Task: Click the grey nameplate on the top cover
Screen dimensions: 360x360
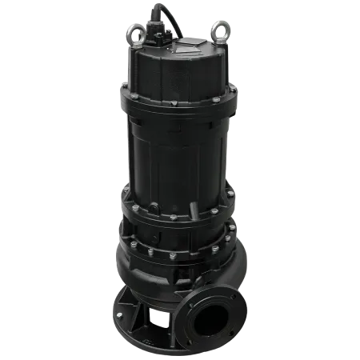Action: (x=190, y=44)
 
